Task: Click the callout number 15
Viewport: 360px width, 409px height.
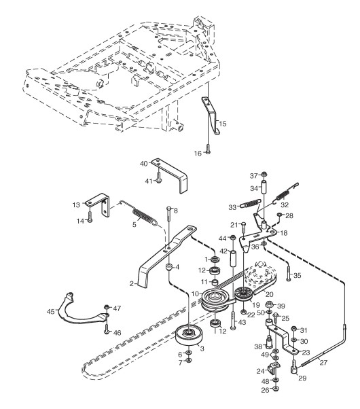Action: point(223,124)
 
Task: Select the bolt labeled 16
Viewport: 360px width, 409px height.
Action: point(208,149)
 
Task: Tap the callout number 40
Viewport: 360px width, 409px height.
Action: point(144,164)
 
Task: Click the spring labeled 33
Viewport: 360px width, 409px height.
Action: point(250,203)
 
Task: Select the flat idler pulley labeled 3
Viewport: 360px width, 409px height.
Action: point(189,335)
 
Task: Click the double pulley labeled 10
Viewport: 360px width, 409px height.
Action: point(216,300)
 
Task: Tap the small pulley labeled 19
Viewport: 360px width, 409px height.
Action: point(243,294)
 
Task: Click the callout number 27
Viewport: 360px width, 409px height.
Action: point(323,363)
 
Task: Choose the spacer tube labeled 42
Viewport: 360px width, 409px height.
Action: point(232,258)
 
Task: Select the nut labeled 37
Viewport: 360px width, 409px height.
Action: point(264,173)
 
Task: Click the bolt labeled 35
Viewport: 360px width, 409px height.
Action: point(289,272)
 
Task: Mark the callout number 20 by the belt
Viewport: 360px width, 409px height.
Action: point(269,294)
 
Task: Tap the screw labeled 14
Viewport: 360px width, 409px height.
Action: point(90,216)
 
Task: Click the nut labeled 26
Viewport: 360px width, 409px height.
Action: point(276,389)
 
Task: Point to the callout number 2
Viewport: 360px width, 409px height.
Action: point(132,283)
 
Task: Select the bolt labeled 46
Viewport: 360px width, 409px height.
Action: point(107,329)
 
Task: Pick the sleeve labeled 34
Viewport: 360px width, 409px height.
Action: point(264,185)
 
